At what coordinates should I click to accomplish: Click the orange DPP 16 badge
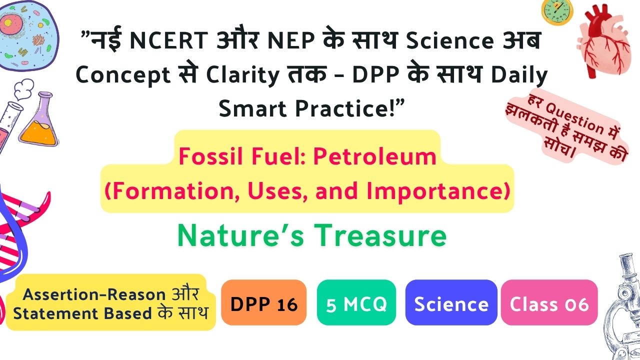[x=263, y=302]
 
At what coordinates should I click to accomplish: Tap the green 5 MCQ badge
[x=356, y=302]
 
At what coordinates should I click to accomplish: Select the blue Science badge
[x=451, y=302]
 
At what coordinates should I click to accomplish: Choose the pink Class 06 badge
[x=549, y=302]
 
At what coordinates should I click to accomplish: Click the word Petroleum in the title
[x=375, y=156]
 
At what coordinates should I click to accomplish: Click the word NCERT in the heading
[x=169, y=40]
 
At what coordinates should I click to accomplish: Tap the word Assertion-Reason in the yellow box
[x=94, y=294]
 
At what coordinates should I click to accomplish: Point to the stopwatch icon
[x=557, y=12]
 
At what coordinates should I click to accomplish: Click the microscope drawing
[x=622, y=307]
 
